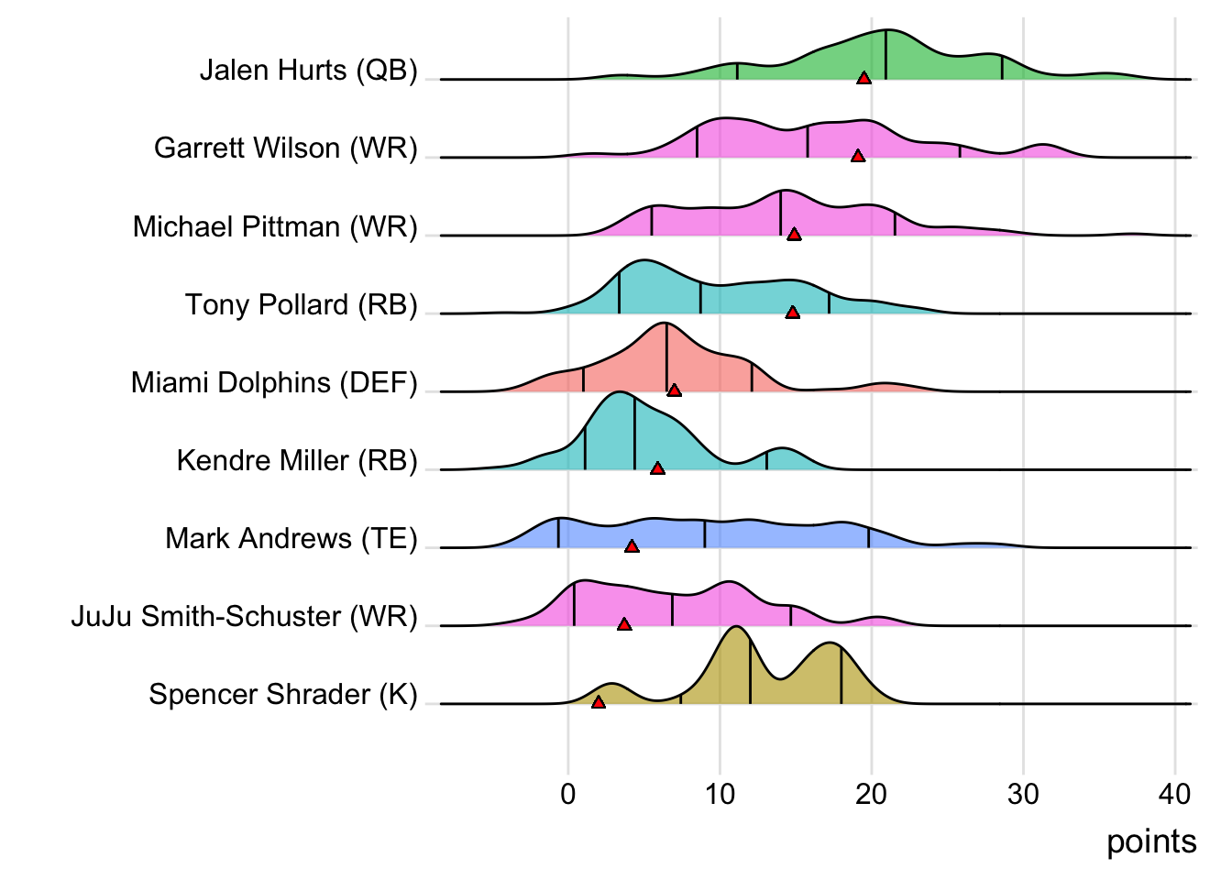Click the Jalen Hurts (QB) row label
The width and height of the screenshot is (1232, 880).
tap(308, 71)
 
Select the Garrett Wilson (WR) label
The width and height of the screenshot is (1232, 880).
tap(285, 148)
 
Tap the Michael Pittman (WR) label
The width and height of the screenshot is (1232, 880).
tap(275, 226)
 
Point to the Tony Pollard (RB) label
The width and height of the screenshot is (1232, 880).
tap(301, 304)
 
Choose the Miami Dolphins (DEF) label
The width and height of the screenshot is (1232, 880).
tap(274, 382)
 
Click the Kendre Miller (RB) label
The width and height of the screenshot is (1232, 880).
tap(297, 460)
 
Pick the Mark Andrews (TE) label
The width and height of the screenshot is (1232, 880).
tap(291, 538)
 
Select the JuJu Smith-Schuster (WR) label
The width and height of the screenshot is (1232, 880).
tap(244, 616)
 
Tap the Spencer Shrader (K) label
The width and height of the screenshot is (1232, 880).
tap(282, 694)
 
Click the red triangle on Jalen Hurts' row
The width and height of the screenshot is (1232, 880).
tap(863, 78)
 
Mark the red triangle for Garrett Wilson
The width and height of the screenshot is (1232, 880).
tap(858, 156)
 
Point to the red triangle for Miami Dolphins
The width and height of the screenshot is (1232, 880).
tap(674, 390)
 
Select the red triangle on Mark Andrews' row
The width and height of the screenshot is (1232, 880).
tap(632, 546)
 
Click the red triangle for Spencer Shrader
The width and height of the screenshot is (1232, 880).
tap(599, 702)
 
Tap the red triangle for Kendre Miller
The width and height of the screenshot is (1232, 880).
tap(657, 468)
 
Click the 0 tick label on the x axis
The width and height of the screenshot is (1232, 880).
tap(568, 794)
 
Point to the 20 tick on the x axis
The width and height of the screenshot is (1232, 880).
tap(872, 794)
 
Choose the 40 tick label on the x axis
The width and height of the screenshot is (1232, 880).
tap(1175, 794)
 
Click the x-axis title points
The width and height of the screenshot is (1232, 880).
tap(1151, 841)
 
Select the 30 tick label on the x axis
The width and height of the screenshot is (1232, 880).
tap(1023, 794)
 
